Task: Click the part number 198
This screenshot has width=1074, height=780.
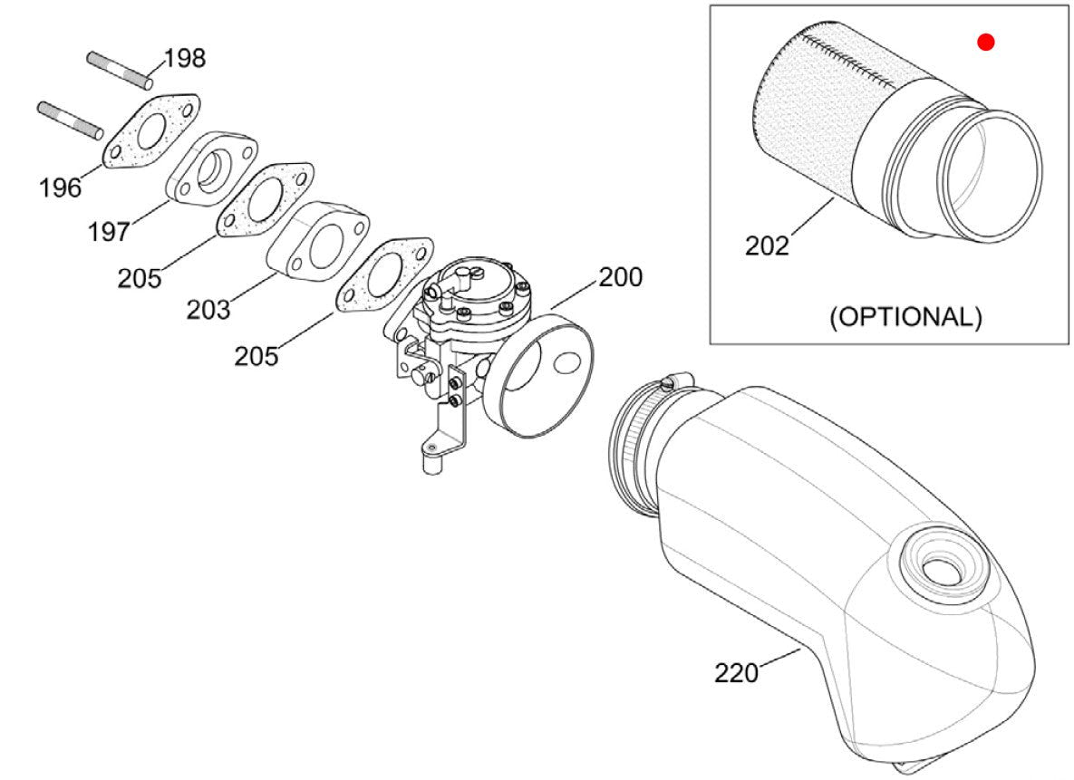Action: (x=185, y=59)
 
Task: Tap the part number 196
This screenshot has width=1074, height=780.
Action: (x=60, y=188)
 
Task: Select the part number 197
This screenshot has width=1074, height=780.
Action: (x=108, y=231)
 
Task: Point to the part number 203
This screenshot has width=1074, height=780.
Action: (x=208, y=309)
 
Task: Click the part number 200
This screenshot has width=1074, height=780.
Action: (x=621, y=276)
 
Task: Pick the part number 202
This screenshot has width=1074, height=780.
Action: (x=767, y=245)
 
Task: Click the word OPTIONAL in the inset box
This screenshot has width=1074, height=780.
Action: (x=905, y=317)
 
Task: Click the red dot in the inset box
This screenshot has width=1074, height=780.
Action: (x=986, y=42)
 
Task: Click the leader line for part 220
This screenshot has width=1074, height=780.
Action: (x=779, y=659)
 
